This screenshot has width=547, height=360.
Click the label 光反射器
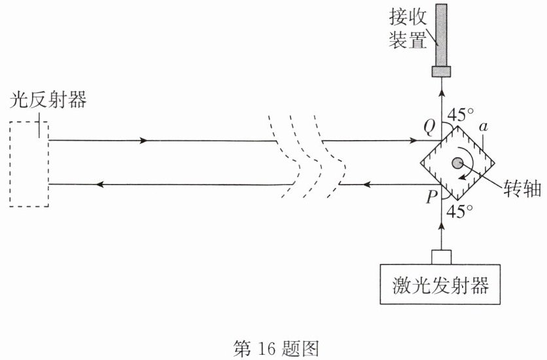tap(48, 99)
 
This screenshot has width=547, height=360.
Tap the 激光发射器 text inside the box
tap(440, 285)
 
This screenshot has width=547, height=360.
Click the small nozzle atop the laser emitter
tap(441, 257)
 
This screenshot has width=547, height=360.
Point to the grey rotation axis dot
tap(457, 162)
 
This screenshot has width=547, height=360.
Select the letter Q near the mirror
tap(429, 128)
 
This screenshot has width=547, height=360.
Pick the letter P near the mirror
tap(432, 197)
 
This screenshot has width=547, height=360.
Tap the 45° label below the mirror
tap(460, 211)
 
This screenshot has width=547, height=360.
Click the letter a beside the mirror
tap(483, 127)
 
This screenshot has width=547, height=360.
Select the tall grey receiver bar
tap(441, 35)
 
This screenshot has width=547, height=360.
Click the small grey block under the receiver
tap(441, 71)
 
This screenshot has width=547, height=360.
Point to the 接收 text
tap(408, 16)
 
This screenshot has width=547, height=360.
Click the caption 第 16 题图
tap(276, 348)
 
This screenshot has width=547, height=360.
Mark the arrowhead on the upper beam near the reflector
tap(143, 141)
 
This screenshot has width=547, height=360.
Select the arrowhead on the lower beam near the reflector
tap(101, 184)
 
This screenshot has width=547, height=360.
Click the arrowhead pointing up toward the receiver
tap(442, 93)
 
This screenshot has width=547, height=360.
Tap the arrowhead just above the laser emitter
tap(442, 227)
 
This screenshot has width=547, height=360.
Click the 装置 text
tap(408, 39)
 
